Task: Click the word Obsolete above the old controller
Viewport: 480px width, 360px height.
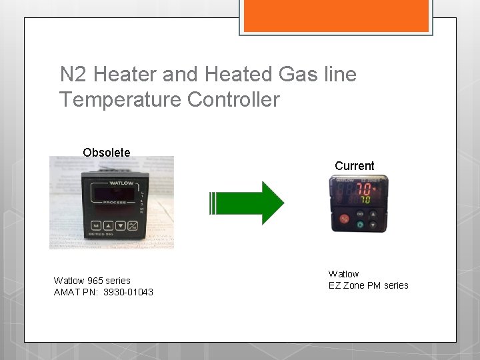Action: pyautogui.click(x=107, y=152)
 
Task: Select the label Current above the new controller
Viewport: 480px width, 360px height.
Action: pyautogui.click(x=354, y=165)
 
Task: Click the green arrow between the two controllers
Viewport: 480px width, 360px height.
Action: pyautogui.click(x=247, y=203)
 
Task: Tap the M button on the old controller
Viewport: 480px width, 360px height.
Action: pyautogui.click(x=96, y=225)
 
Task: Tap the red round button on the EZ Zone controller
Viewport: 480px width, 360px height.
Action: pyautogui.click(x=345, y=219)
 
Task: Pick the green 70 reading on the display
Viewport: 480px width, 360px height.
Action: pyautogui.click(x=366, y=199)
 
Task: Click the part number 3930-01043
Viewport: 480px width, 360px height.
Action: pyautogui.click(x=128, y=292)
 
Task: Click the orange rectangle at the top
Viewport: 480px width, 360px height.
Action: pyautogui.click(x=335, y=15)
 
